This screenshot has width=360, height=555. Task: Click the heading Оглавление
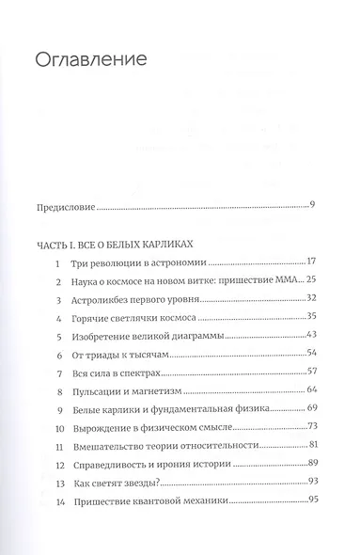tap(92, 62)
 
